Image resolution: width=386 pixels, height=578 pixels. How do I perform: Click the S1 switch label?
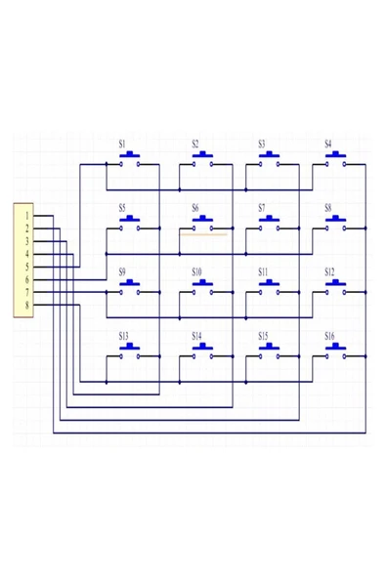point(122,144)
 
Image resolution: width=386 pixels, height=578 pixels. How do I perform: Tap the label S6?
point(195,208)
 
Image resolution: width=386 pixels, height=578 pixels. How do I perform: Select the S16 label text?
point(329,336)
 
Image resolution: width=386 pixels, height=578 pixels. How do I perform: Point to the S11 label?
point(263,272)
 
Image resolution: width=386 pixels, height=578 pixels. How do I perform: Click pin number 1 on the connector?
point(27,216)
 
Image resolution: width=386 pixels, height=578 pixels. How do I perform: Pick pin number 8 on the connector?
point(27,306)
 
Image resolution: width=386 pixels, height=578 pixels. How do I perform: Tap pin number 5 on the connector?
point(27,267)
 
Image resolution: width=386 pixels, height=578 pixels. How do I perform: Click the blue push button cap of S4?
point(335,154)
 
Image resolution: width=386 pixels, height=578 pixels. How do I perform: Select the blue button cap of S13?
point(130,347)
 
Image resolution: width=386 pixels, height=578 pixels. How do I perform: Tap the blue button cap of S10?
point(202,282)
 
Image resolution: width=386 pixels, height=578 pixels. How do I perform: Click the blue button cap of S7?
point(269,219)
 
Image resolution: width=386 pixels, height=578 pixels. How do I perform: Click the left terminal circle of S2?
point(193,164)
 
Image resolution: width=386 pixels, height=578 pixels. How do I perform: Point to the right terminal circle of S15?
point(278,356)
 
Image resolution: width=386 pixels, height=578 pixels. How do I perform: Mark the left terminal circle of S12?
point(326,292)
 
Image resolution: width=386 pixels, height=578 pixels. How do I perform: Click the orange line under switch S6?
point(203,234)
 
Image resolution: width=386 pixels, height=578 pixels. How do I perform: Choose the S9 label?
point(122,272)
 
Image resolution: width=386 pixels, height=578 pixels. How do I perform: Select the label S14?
point(196,336)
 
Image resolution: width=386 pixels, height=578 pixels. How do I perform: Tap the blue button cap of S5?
point(130,219)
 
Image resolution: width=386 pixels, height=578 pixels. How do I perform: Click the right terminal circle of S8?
point(344,228)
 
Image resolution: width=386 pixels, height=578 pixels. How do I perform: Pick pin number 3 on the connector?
point(27,241)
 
